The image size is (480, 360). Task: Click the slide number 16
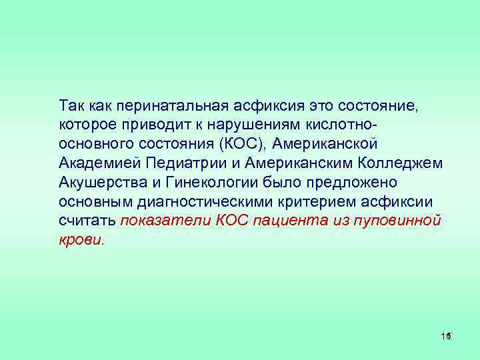pos(446,336)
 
